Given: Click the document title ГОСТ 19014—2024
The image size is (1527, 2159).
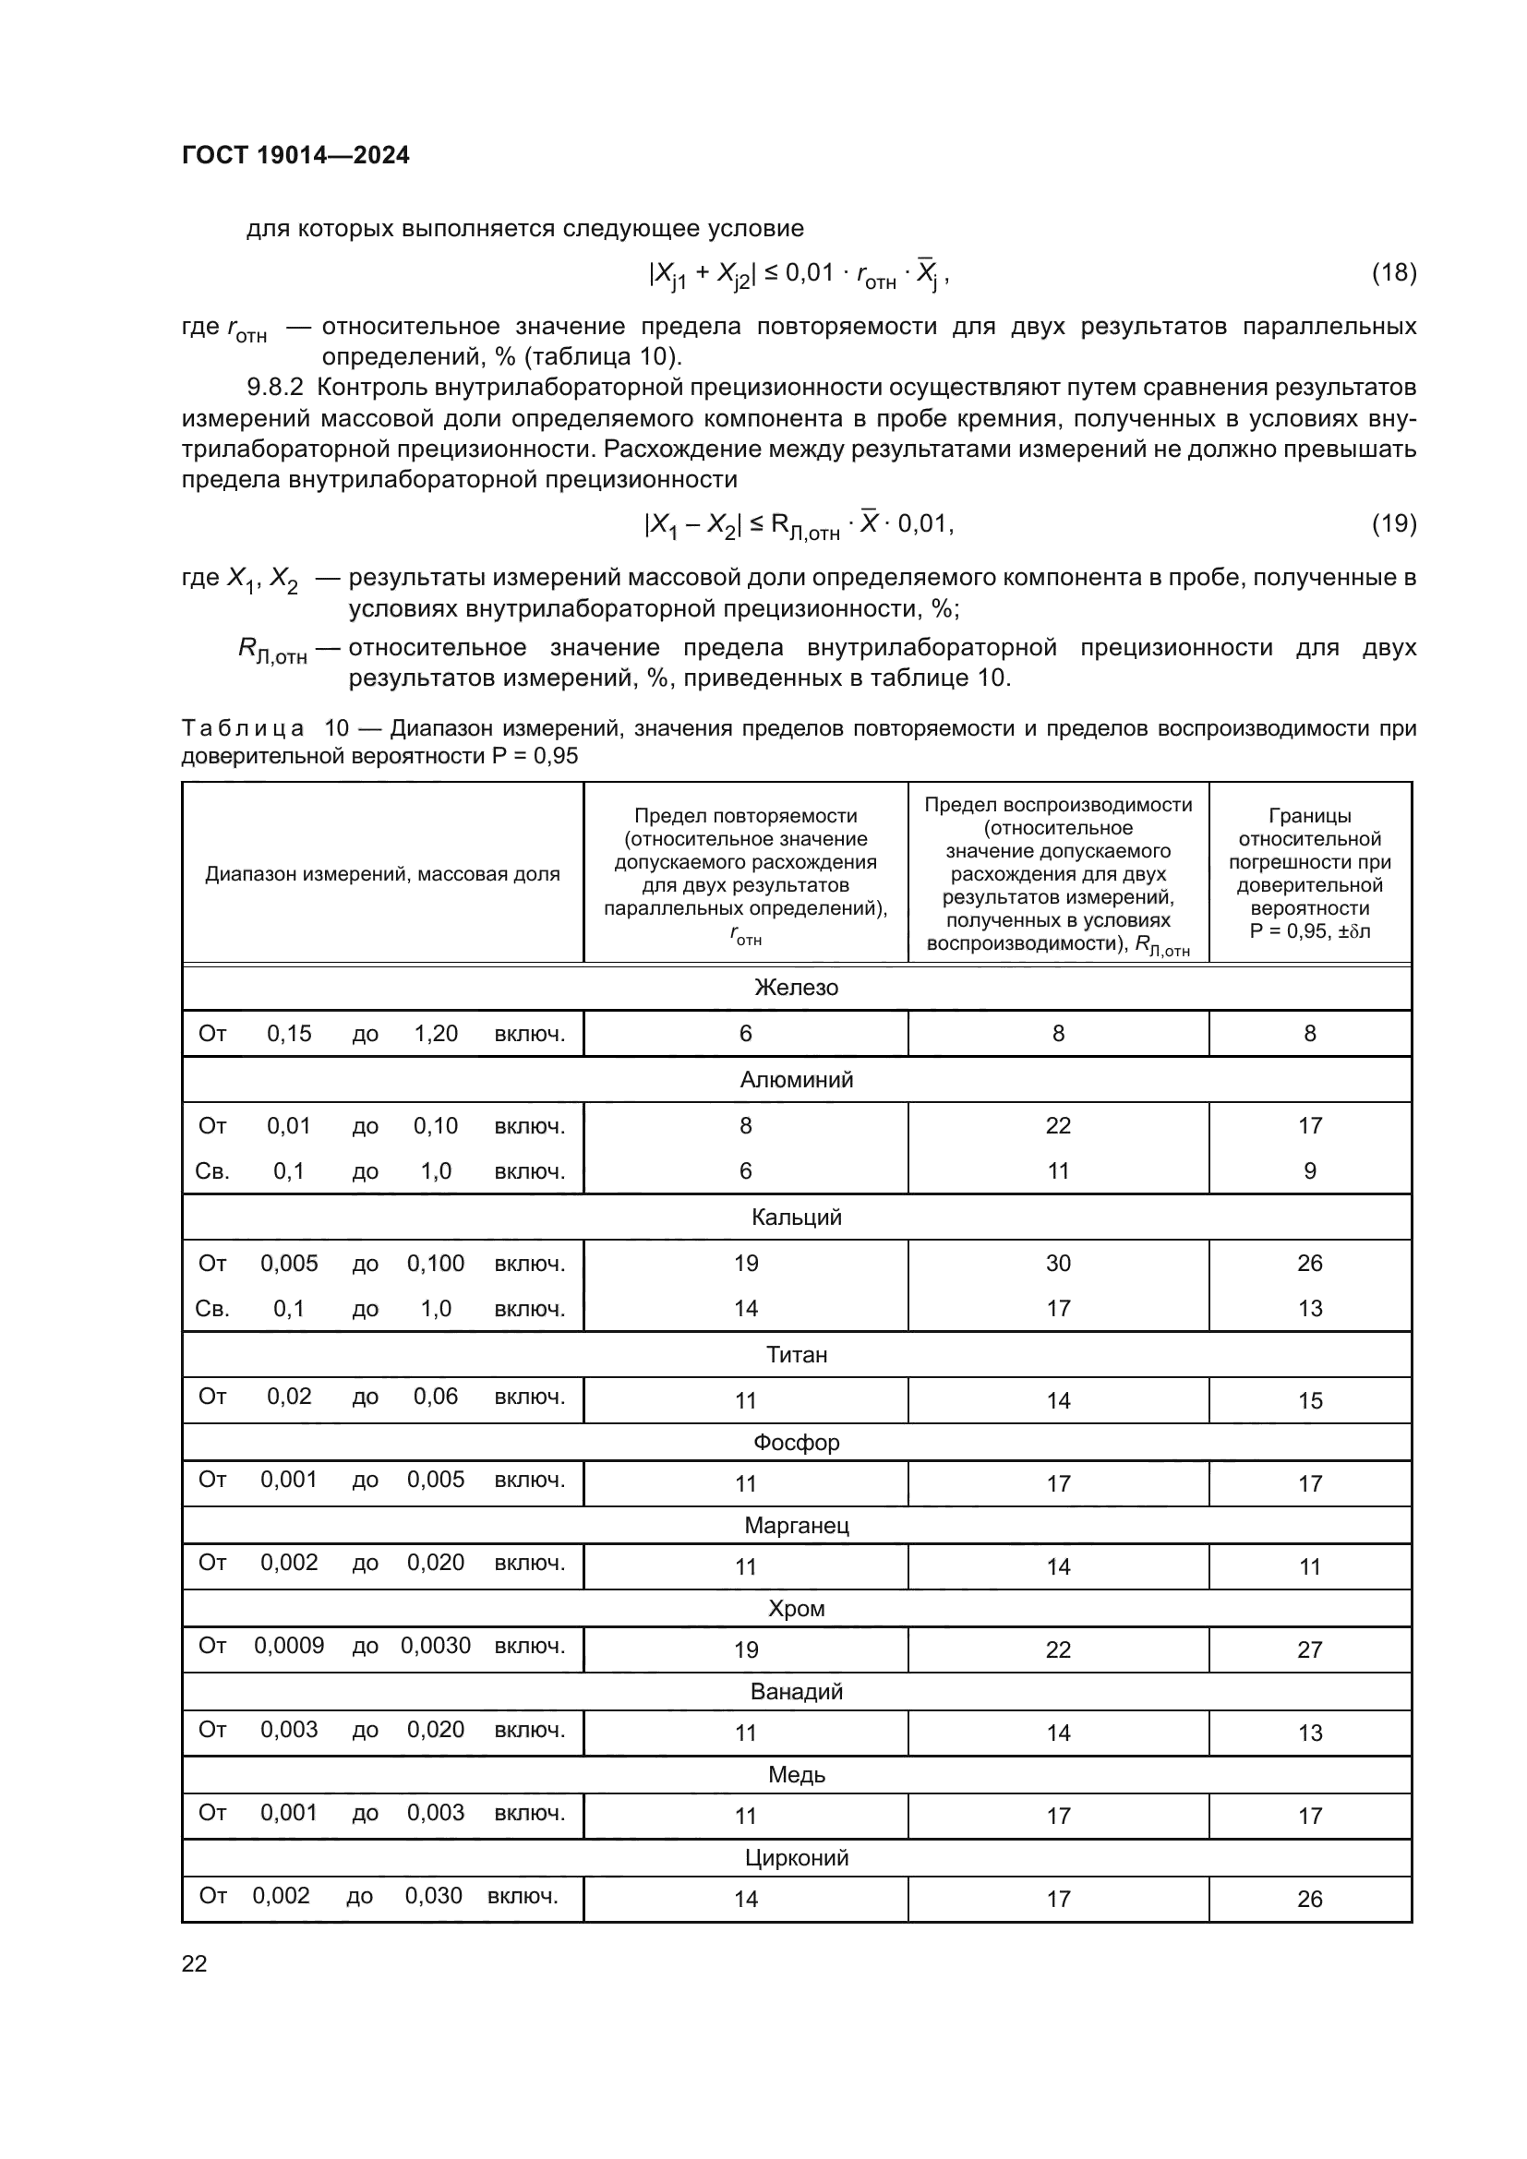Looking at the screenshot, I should [295, 156].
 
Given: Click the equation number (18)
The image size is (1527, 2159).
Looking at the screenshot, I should [1393, 272].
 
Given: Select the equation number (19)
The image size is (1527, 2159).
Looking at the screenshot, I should [1393, 523].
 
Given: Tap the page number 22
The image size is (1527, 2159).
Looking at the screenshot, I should [194, 1963].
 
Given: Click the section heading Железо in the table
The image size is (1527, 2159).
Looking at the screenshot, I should [796, 988].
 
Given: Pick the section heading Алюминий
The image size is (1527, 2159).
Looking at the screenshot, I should [796, 1080].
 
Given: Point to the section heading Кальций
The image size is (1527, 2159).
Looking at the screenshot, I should [796, 1217].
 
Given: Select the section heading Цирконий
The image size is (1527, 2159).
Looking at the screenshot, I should [796, 1857].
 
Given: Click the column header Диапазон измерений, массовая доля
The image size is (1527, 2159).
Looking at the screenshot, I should [382, 873].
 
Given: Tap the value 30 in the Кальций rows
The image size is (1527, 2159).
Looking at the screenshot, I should [1058, 1263].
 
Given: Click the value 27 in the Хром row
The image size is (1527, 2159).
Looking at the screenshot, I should [1309, 1649].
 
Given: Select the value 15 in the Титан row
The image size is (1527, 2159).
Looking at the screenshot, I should [1309, 1400].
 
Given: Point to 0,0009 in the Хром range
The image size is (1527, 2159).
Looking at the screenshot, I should [289, 1645].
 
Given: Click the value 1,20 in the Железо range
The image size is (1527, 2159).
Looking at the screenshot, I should [436, 1034].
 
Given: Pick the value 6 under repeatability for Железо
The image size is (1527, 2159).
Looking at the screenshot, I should [745, 1034].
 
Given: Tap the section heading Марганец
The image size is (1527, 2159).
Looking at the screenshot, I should [796, 1525].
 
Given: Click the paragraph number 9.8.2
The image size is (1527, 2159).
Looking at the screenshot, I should [275, 388].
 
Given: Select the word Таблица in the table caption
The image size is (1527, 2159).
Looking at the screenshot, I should [243, 729].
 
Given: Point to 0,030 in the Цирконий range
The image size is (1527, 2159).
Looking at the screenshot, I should [434, 1895].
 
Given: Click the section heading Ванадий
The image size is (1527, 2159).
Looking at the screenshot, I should [796, 1692].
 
